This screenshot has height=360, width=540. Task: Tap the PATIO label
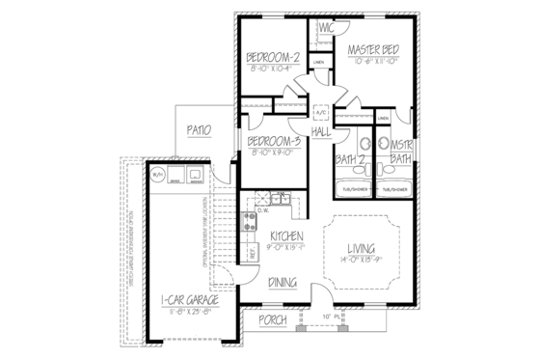pos(198,129)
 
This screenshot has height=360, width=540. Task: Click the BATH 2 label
pos(348,159)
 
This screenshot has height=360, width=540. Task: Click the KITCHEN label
pos(287,236)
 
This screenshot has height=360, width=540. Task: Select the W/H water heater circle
pos(157,175)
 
